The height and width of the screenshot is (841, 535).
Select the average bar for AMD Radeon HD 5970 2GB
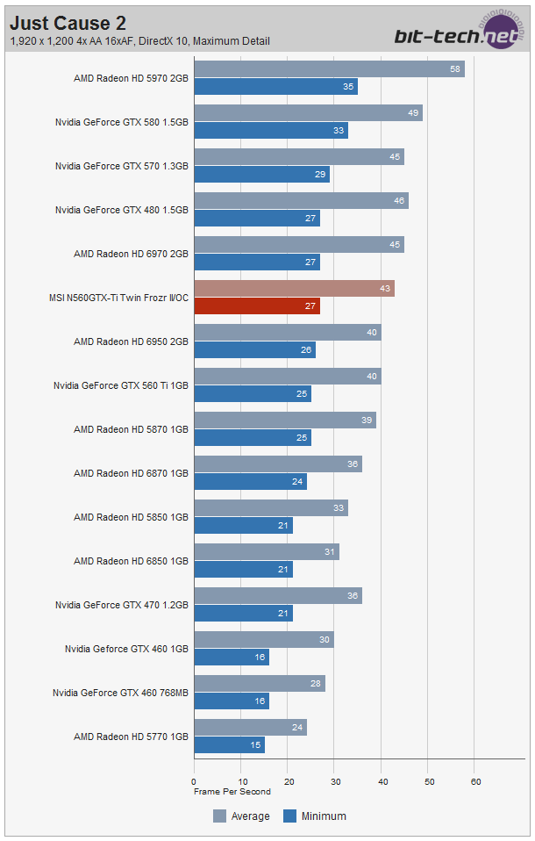329,69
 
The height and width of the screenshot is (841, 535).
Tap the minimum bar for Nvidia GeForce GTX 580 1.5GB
271,131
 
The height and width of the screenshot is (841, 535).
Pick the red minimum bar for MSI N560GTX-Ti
257,306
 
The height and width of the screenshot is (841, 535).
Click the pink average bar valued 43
294,289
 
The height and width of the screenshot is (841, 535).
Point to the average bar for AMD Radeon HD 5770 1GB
250,728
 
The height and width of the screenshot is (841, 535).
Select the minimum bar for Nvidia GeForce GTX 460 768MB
232,701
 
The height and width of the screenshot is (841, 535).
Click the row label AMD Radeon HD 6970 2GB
131,254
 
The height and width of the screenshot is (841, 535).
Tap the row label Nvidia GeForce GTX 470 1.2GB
122,605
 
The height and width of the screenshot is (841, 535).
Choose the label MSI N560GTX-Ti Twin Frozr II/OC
118,298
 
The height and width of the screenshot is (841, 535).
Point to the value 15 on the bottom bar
255,745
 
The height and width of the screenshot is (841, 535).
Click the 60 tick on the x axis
475,780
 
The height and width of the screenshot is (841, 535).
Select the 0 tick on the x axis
194,780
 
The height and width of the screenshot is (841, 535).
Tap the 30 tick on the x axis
335,780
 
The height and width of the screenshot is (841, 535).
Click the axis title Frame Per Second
232,791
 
